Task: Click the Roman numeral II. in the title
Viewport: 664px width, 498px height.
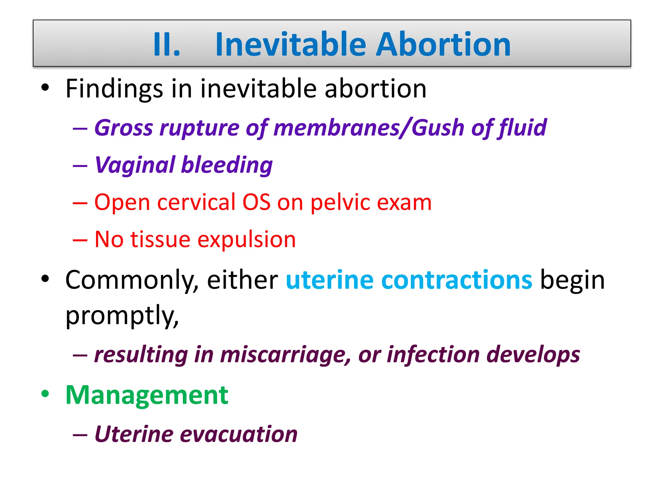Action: point(166,45)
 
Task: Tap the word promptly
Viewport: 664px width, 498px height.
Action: point(122,316)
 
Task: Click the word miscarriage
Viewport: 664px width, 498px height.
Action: point(285,355)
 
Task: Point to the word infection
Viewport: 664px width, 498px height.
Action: point(433,355)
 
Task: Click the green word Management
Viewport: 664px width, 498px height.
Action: point(147,396)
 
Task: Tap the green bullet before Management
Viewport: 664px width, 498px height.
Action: point(45,394)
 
